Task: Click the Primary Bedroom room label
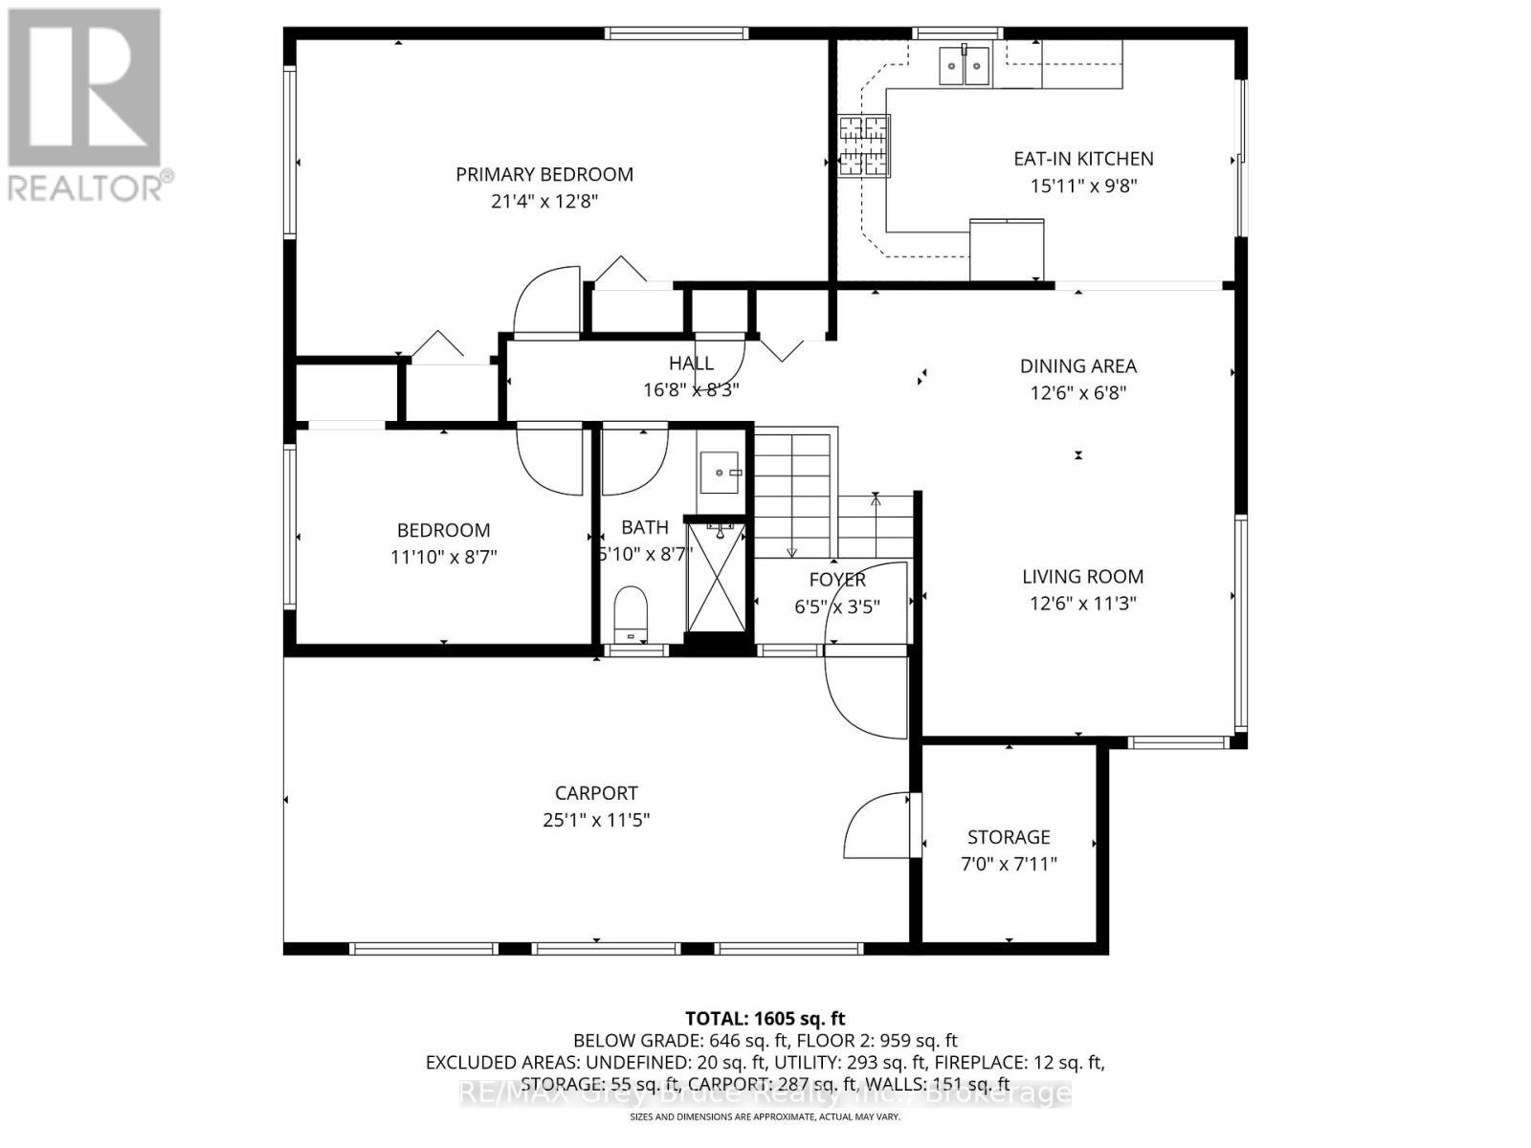click(544, 174)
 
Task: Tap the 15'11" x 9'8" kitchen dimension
click(1083, 187)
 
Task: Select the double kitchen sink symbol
click(964, 65)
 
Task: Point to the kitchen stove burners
click(864, 146)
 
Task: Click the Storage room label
click(1009, 837)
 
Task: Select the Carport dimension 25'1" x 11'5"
click(596, 820)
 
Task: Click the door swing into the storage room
click(876, 826)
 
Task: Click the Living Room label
click(1082, 577)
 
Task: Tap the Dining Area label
click(1077, 365)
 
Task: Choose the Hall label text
click(691, 363)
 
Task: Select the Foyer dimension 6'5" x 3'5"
click(836, 607)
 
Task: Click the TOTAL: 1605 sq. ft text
click(765, 1019)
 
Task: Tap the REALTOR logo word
click(86, 187)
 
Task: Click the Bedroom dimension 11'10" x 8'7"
click(443, 557)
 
